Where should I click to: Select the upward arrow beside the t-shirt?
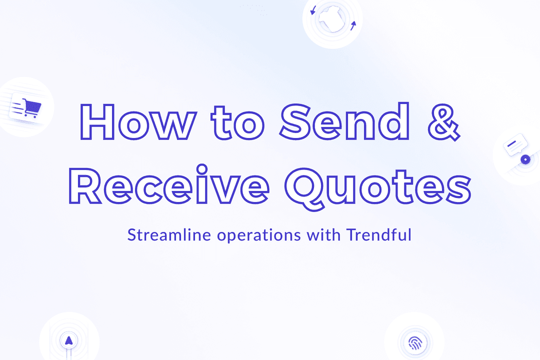353,25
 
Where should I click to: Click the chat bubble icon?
515,144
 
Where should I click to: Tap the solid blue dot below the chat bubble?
524,159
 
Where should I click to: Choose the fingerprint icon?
414,343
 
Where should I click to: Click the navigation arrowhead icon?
68,340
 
